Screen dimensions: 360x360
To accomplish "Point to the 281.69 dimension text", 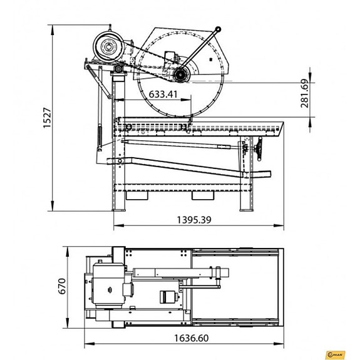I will (305, 93).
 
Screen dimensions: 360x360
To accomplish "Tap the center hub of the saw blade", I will (181, 75).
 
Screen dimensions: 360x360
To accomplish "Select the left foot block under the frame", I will (137, 195).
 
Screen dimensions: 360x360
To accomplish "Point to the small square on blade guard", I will (167, 53).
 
